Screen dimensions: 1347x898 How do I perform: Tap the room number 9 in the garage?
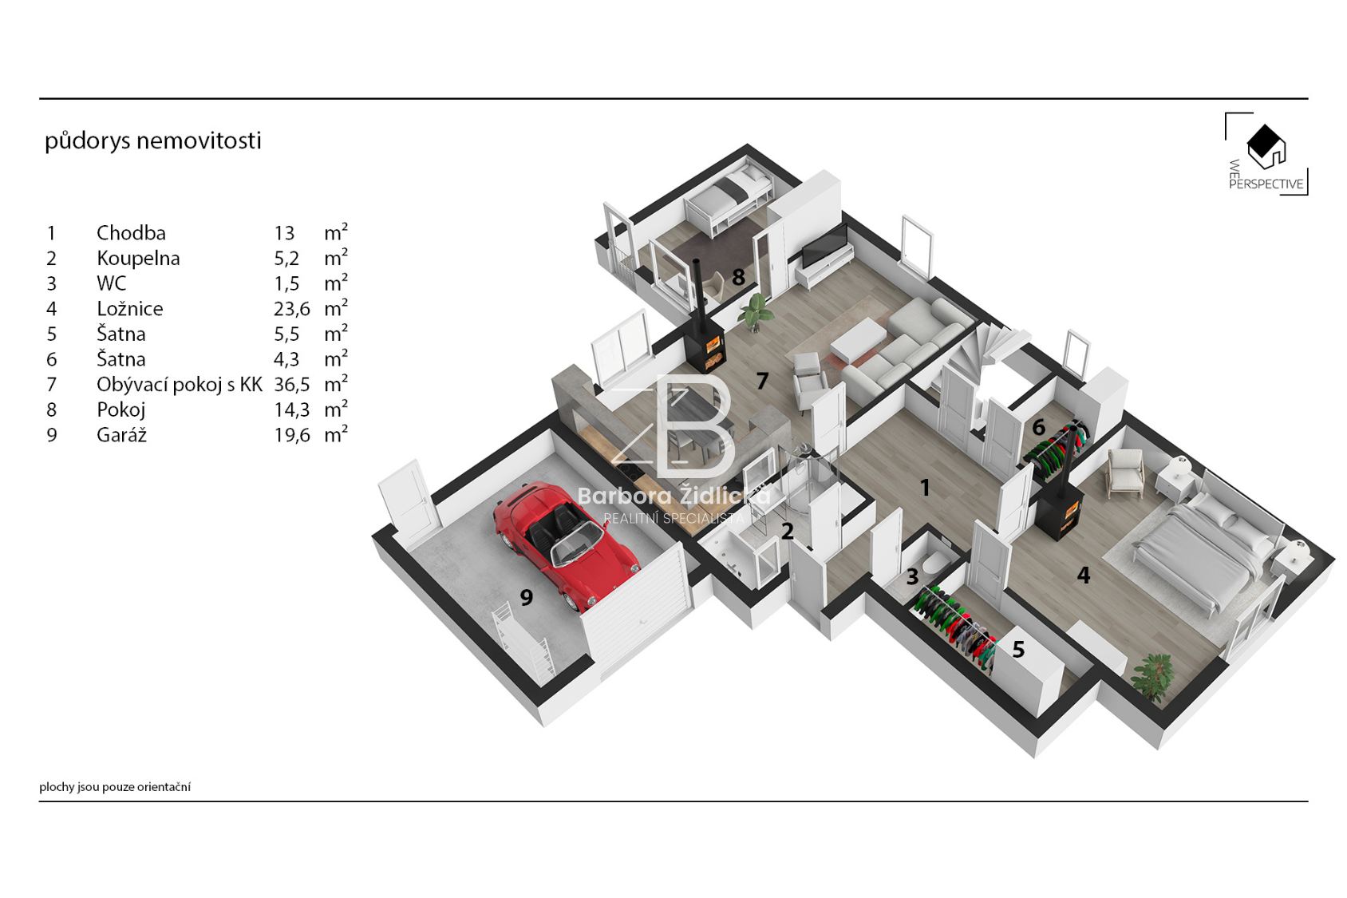coord(526,597)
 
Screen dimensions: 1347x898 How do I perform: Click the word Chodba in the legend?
coord(131,233)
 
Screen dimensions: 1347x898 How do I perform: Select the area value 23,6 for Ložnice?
coord(291,309)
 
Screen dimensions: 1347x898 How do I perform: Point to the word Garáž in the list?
coord(121,434)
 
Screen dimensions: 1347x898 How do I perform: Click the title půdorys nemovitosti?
coord(152,140)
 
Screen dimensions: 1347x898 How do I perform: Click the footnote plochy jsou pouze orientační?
coord(115,787)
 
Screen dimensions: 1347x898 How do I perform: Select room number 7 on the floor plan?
coord(762,381)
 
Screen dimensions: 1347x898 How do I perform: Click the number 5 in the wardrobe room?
coord(1018,649)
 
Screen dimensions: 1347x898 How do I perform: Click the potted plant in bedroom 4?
coord(1152,677)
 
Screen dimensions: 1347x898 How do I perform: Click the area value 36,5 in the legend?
coord(291,384)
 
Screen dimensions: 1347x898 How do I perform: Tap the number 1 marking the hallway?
coord(925,488)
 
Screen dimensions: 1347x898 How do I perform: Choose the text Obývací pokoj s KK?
coord(180,384)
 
